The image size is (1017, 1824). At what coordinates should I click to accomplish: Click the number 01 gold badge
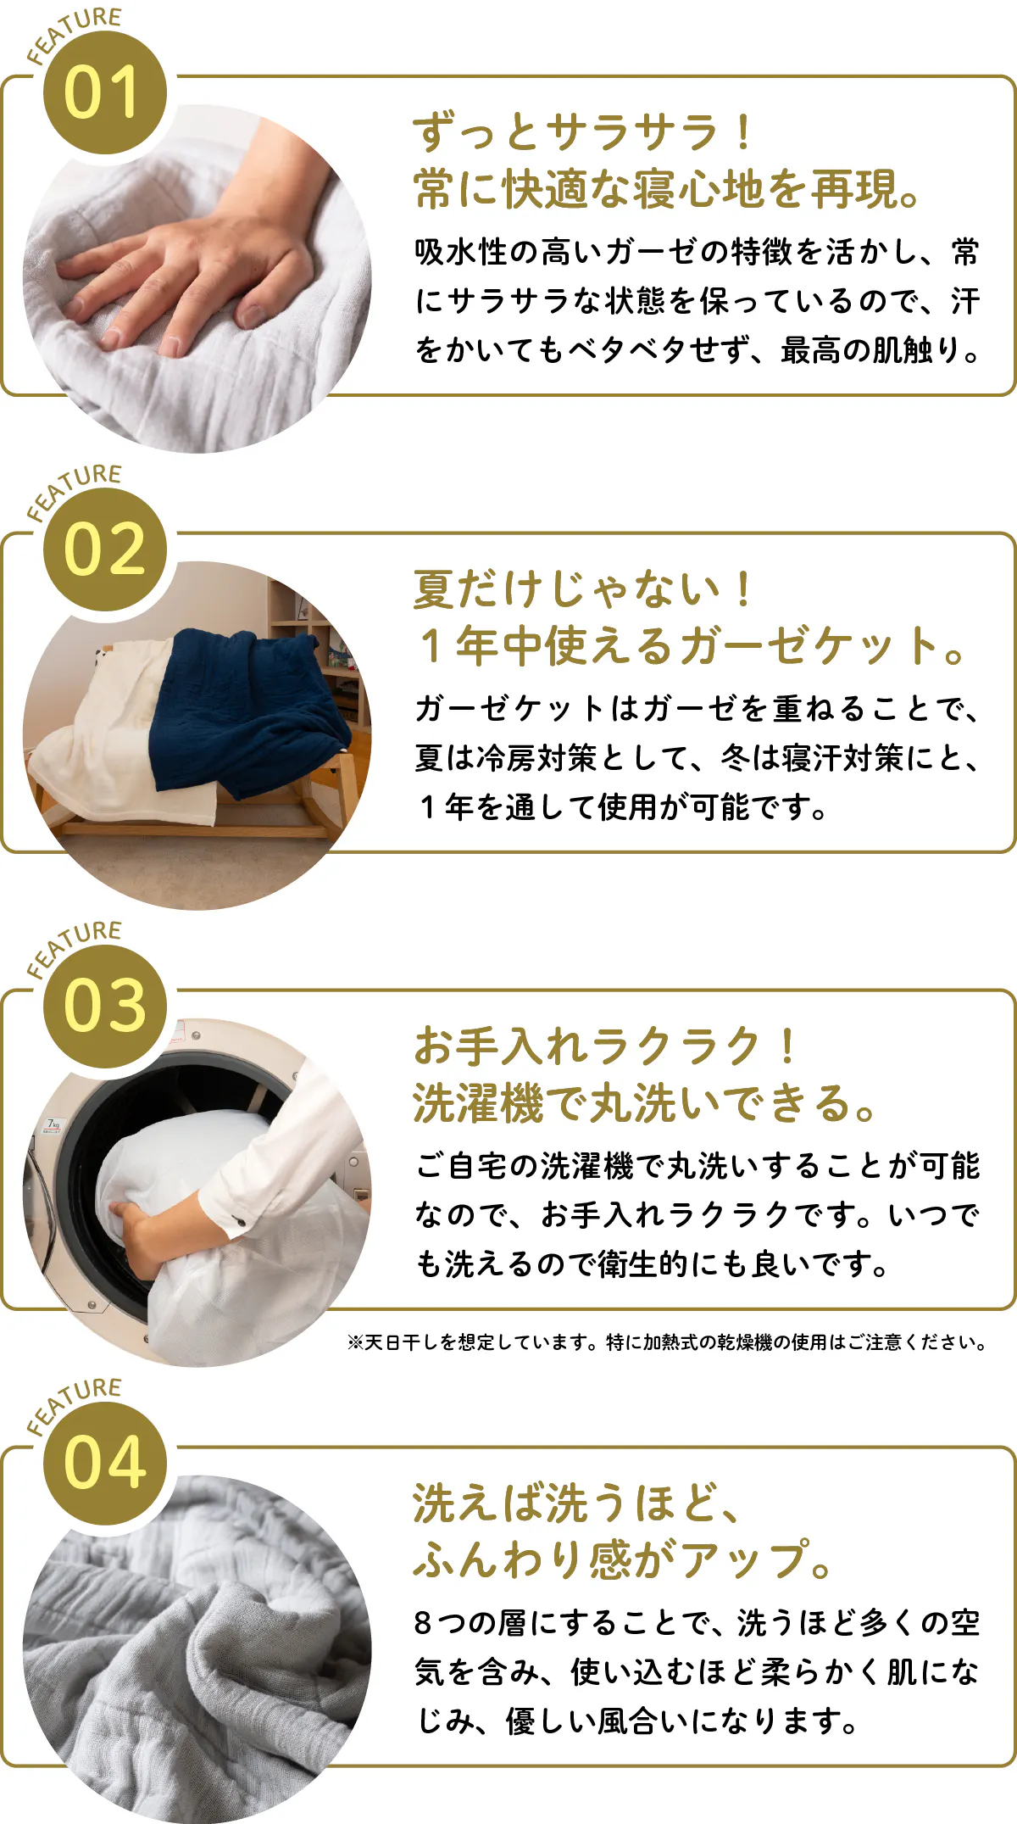pos(105,93)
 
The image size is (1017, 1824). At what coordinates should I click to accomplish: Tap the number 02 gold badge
pos(105,549)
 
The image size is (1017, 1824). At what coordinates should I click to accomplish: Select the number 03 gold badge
pos(105,1007)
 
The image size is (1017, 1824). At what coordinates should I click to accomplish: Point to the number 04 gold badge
pos(105,1464)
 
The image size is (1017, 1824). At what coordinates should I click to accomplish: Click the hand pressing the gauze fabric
pos(195,271)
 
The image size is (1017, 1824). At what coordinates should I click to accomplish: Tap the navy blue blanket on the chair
pos(246,712)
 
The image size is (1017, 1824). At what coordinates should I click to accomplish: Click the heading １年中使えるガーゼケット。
pos(691,646)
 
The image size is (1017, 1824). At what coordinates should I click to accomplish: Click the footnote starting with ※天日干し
pos(667,1342)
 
